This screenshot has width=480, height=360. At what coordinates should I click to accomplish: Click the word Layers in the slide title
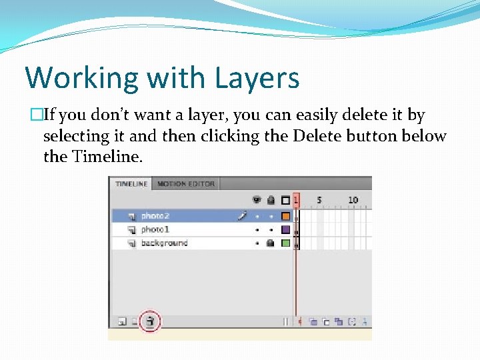[x=257, y=78]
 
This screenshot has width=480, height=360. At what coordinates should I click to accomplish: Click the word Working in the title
[x=74, y=78]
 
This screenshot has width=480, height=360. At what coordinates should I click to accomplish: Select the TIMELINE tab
[x=131, y=183]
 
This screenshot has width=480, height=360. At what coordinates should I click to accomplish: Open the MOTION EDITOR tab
[x=186, y=183]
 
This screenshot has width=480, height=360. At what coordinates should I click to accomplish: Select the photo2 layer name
[x=155, y=216]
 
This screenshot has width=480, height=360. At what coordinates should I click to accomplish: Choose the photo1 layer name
[x=155, y=229]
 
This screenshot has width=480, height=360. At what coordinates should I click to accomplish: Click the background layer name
[x=164, y=243]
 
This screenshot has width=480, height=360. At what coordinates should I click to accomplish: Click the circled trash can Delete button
[x=151, y=321]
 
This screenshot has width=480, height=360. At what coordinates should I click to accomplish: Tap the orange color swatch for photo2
[x=285, y=216]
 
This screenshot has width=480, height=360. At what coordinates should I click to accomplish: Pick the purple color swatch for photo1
[x=285, y=229]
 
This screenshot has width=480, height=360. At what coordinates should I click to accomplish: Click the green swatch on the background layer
[x=285, y=243]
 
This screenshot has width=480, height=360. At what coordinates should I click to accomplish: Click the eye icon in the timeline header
[x=257, y=199]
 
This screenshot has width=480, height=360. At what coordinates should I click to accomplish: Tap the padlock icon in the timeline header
[x=271, y=199]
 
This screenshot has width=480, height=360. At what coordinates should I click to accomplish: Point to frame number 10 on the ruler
[x=353, y=199]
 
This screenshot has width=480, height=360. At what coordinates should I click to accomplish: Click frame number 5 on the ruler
[x=319, y=199]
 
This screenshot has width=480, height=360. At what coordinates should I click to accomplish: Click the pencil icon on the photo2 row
[x=242, y=215]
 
